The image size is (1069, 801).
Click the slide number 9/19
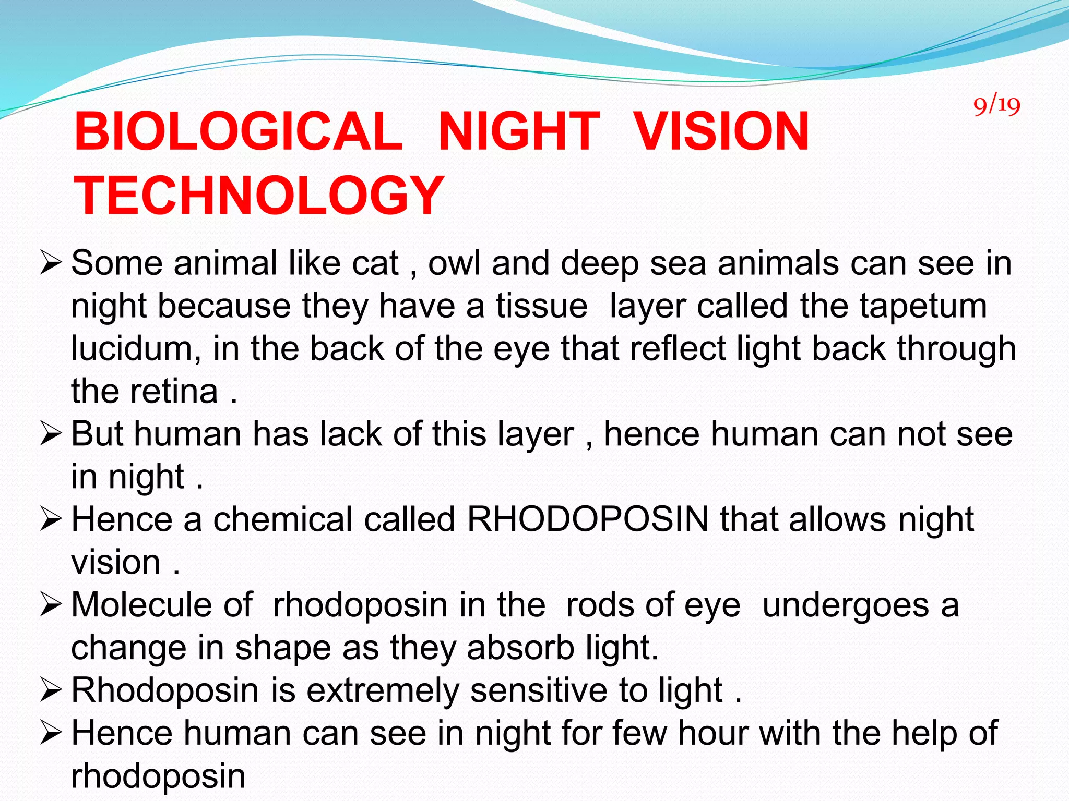(x=996, y=105)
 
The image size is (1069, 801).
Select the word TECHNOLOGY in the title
(x=259, y=196)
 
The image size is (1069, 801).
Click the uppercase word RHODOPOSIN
(x=588, y=519)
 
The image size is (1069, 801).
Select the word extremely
(x=383, y=690)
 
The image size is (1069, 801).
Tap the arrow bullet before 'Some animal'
(x=51, y=263)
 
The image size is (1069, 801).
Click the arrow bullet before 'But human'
(x=51, y=434)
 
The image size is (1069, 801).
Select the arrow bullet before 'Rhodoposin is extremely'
(x=51, y=691)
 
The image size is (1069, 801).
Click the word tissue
(x=541, y=306)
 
